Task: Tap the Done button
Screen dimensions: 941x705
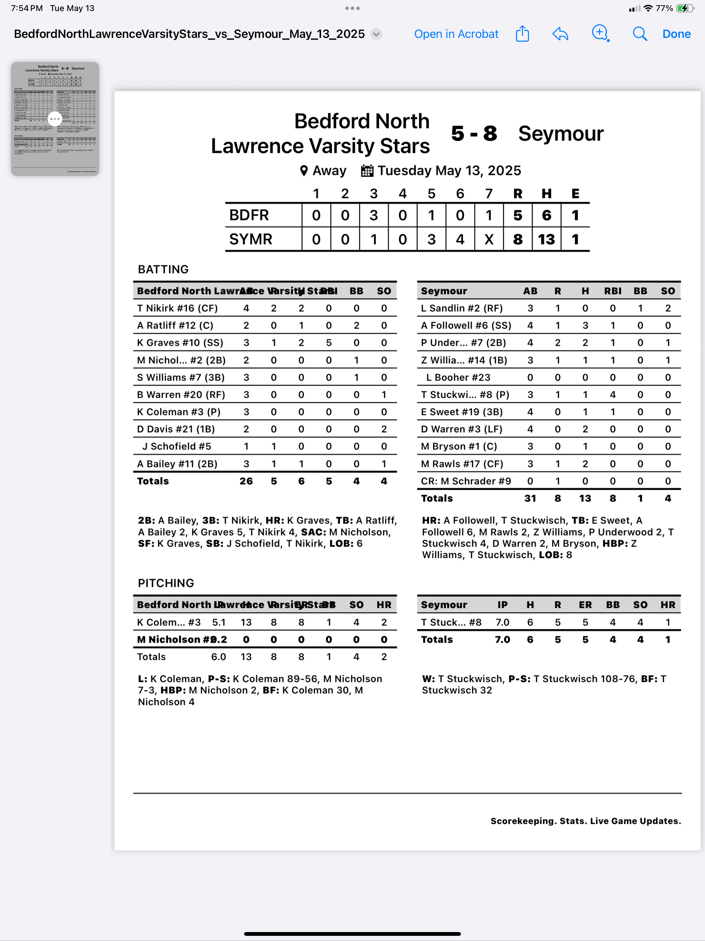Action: [x=676, y=34]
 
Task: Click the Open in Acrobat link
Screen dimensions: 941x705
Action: [x=456, y=34]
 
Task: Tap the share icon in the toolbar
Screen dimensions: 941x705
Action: [x=522, y=34]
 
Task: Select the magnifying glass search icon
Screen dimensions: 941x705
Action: [x=640, y=34]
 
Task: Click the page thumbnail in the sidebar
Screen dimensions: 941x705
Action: [x=55, y=119]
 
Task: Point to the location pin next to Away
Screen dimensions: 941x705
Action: [x=304, y=170]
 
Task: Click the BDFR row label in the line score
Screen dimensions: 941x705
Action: [x=249, y=215]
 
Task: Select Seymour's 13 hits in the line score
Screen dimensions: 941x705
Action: [x=546, y=239]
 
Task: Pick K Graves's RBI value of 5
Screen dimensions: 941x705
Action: [x=329, y=343]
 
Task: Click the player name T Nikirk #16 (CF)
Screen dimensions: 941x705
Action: [x=177, y=308]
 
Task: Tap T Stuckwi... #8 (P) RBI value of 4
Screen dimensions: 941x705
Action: [x=613, y=395]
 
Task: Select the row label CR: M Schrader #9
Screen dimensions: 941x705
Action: [x=466, y=481]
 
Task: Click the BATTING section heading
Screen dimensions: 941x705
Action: [x=163, y=269]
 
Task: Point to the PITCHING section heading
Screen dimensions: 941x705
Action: [x=166, y=583]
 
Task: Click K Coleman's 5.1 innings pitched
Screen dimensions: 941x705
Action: [x=219, y=622]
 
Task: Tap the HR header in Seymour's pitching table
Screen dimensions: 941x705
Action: [x=667, y=605]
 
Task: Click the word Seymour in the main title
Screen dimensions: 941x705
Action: [x=560, y=134]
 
